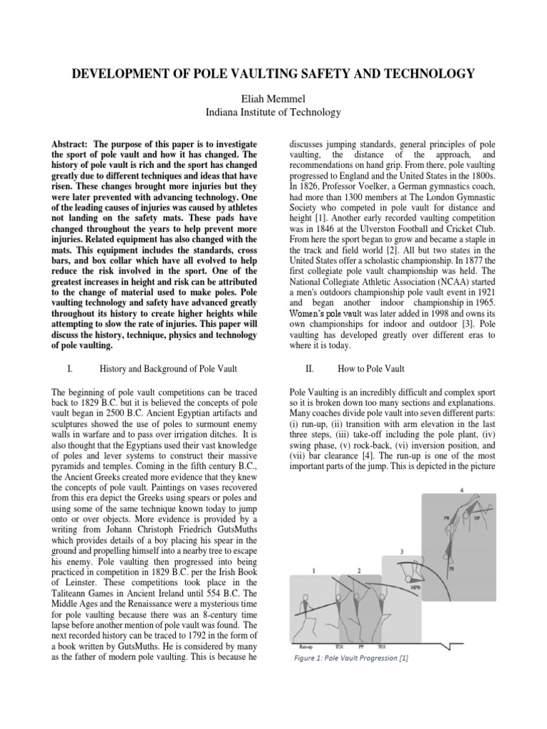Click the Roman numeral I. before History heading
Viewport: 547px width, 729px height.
66,369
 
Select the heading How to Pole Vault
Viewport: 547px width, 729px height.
373,369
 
